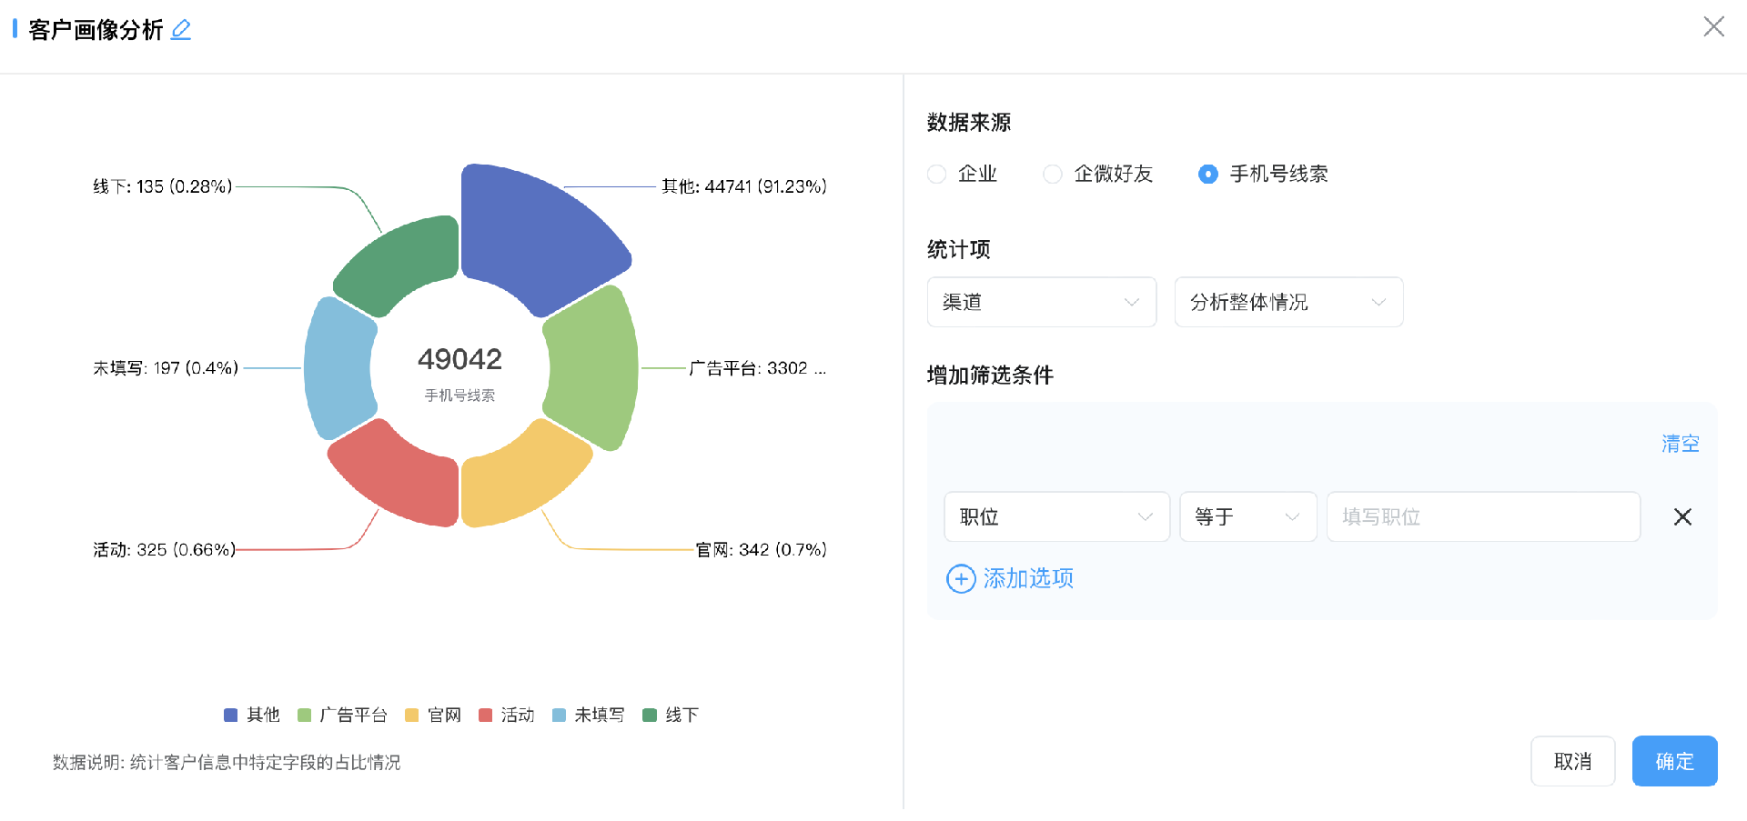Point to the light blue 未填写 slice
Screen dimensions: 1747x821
click(337, 368)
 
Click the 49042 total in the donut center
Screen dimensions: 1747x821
click(459, 359)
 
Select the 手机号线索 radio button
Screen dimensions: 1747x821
click(1208, 174)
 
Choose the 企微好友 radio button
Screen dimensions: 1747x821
click(1053, 174)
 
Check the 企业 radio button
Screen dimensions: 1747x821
click(936, 174)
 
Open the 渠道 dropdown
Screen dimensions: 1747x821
click(1042, 302)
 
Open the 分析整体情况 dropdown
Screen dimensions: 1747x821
click(1288, 302)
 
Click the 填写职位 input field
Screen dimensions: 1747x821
click(1483, 516)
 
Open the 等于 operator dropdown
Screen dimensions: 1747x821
click(1248, 516)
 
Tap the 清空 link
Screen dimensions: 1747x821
click(1681, 444)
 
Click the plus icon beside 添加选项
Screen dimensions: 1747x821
click(961, 578)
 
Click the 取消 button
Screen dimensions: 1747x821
click(1572, 761)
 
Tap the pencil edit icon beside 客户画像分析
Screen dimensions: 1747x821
click(181, 30)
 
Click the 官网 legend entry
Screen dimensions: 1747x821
click(433, 715)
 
